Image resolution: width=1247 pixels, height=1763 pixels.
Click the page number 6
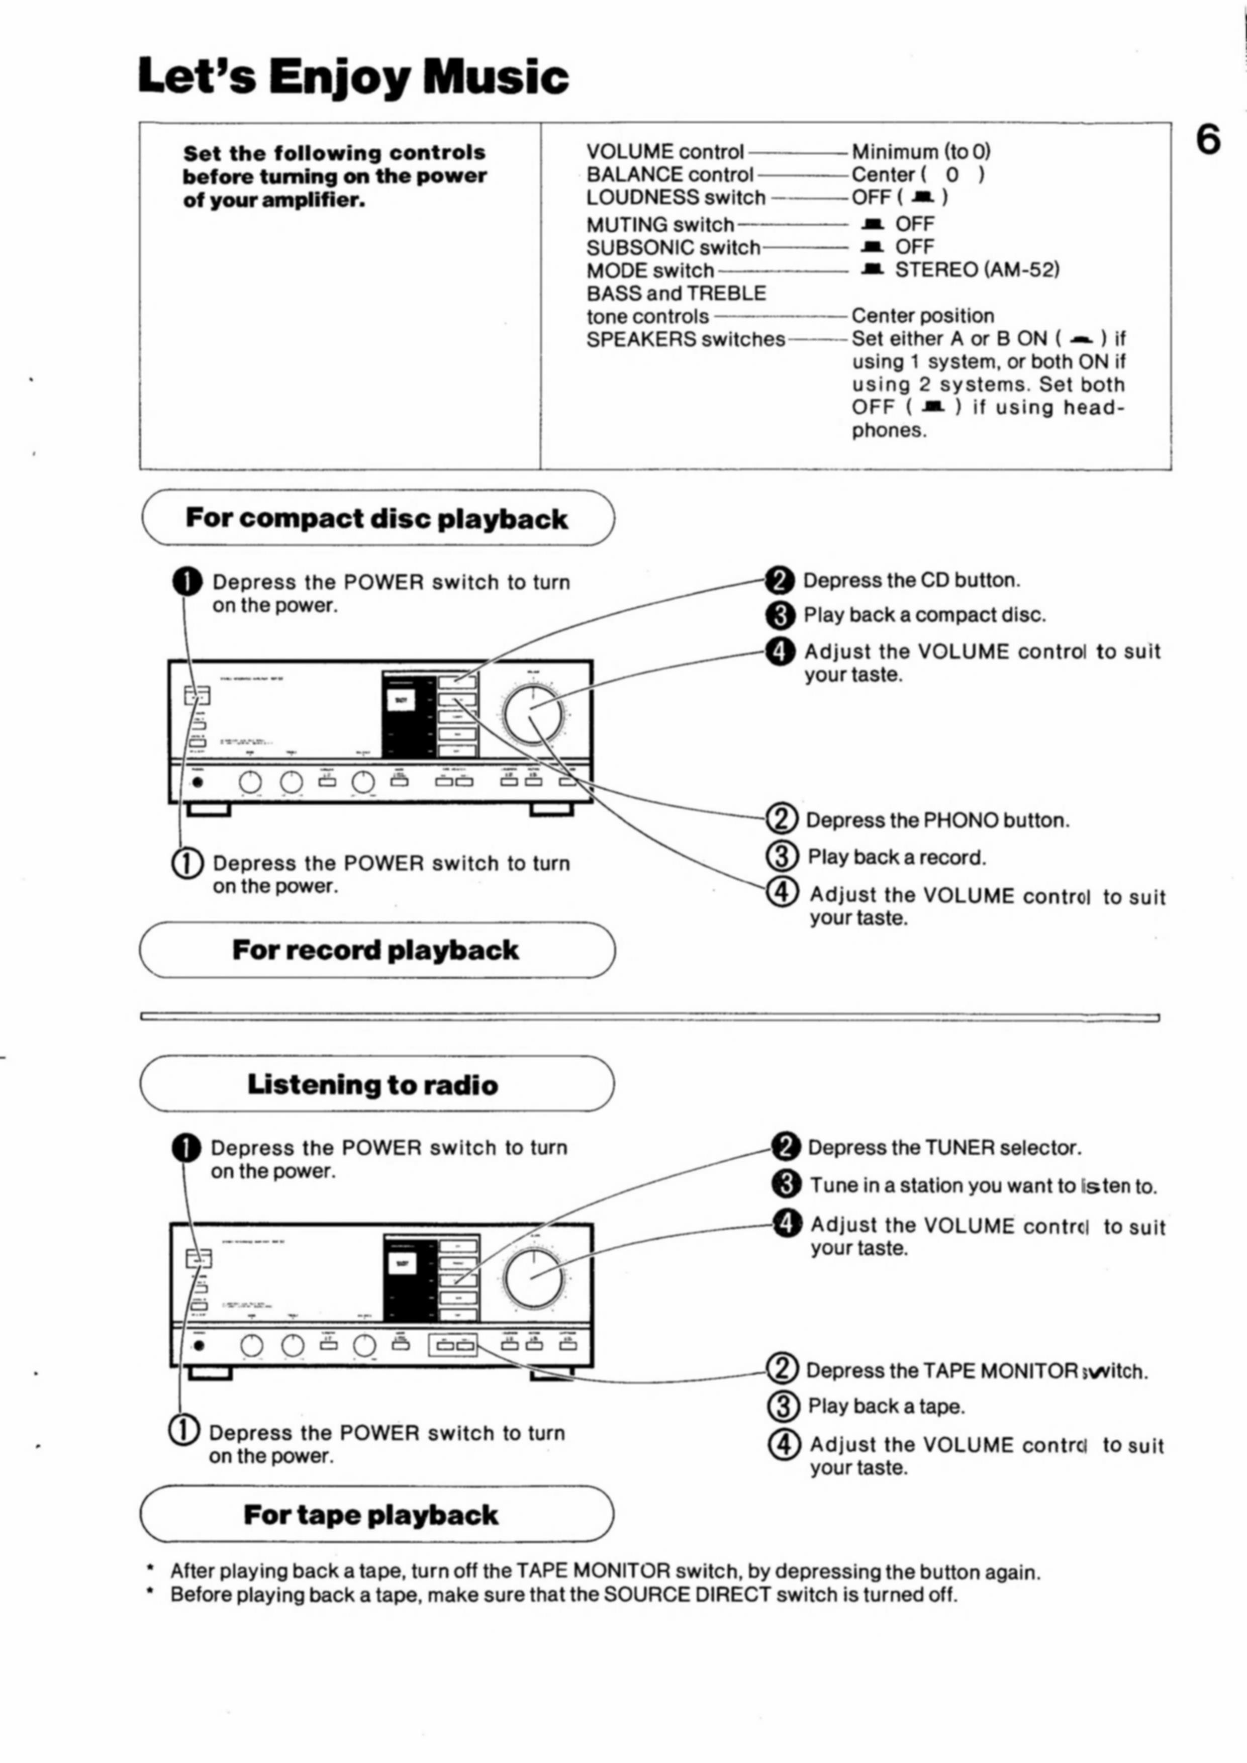[1208, 141]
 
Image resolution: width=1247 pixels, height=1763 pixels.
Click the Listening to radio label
[372, 1085]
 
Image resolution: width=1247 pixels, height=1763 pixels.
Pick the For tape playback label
[371, 1515]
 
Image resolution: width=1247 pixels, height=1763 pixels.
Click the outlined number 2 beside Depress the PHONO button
[783, 819]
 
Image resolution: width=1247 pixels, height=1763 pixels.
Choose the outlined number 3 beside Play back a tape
[783, 1406]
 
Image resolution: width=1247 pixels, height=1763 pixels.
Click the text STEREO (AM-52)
[977, 270]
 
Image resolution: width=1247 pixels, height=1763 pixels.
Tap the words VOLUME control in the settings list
[665, 152]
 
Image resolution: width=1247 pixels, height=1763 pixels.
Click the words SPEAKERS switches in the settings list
[686, 339]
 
